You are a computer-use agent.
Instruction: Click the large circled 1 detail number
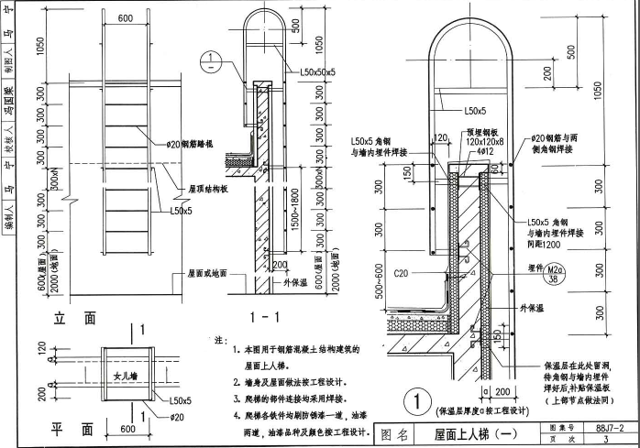pos(417,401)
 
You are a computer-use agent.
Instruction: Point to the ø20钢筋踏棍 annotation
pos(190,146)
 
